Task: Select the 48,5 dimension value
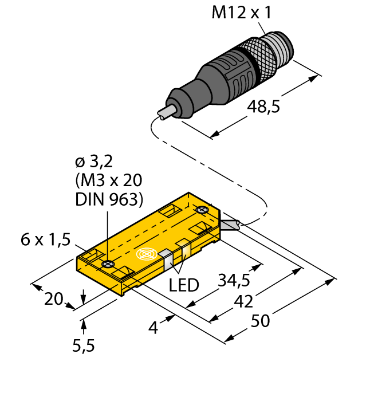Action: pos(263,107)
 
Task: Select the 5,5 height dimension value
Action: pos(84,345)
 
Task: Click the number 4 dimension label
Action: pos(152,328)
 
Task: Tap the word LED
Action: pos(183,285)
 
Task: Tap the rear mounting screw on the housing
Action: pos(202,211)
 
